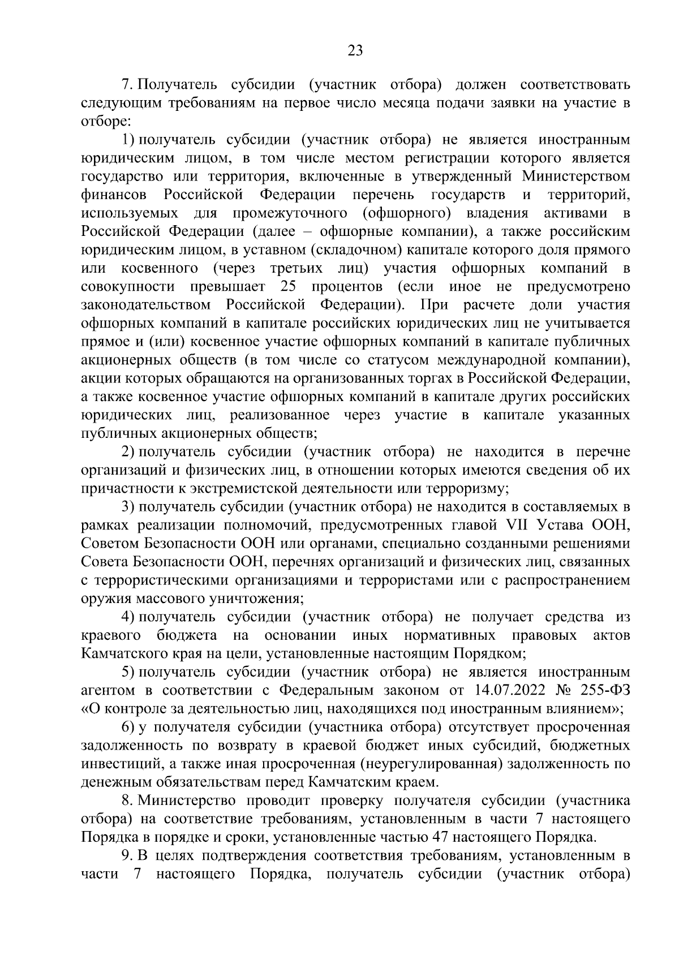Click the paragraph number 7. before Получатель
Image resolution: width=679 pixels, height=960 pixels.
pos(127,85)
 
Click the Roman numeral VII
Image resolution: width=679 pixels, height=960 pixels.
pos(513,525)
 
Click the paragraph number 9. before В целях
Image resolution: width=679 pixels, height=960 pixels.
pos(127,855)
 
